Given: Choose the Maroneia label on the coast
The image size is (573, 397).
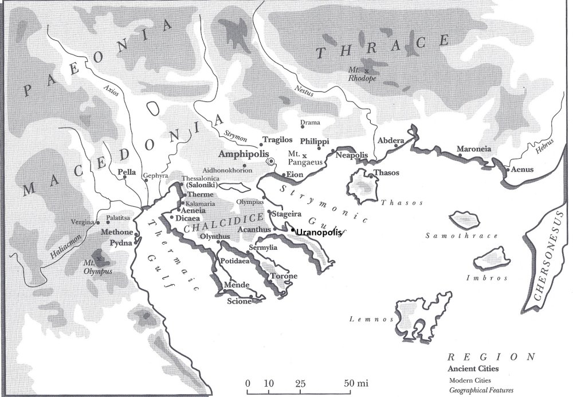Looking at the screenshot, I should [x=473, y=150].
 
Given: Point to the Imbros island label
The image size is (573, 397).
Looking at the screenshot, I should [x=494, y=278].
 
